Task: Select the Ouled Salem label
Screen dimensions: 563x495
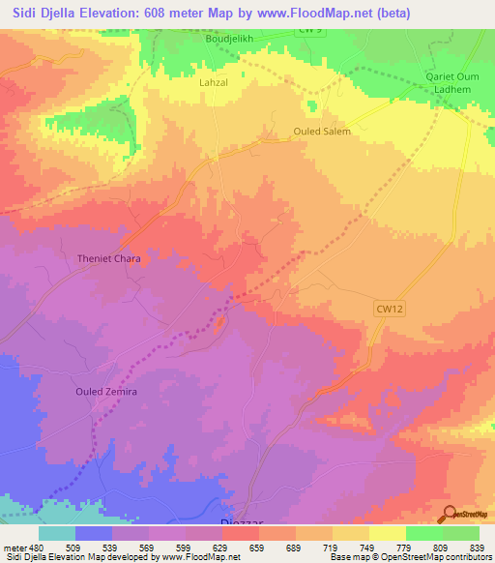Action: tap(321, 132)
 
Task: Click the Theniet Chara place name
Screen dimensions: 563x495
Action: tap(102, 259)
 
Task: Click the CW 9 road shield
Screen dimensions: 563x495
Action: tap(308, 31)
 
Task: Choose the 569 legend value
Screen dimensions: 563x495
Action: tap(145, 548)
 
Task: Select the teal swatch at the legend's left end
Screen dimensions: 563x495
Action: tap(57, 533)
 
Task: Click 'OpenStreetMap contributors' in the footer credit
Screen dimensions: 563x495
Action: tap(442, 557)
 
